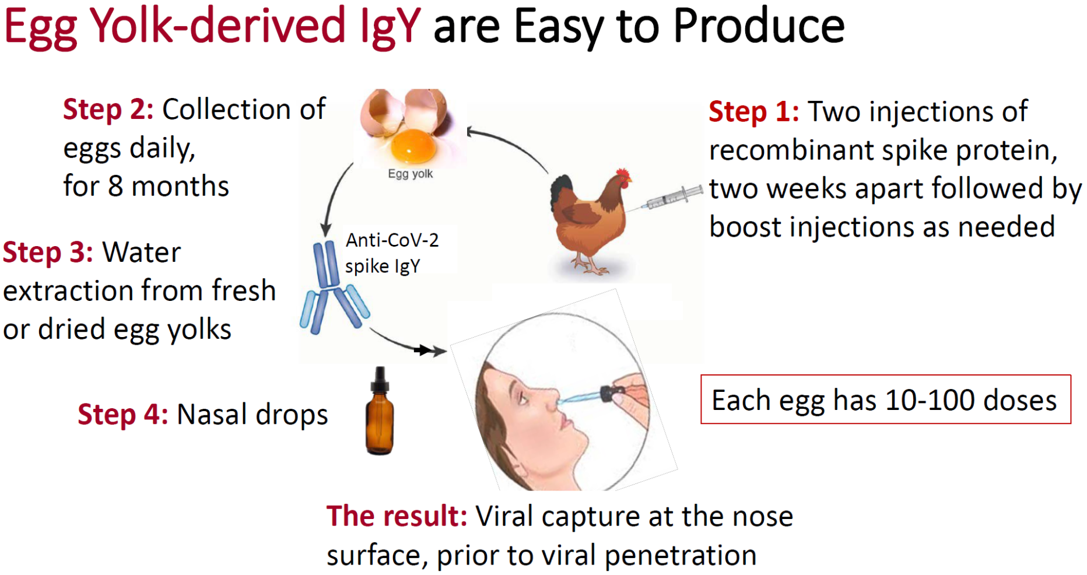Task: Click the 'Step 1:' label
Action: (x=753, y=111)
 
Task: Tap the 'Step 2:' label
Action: (x=108, y=109)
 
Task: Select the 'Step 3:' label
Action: (x=48, y=253)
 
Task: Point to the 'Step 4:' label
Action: (x=123, y=415)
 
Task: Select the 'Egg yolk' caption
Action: (x=411, y=174)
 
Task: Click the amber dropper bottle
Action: (x=380, y=411)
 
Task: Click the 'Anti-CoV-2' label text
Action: (x=392, y=240)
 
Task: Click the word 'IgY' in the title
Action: (x=390, y=27)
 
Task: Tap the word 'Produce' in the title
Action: (x=759, y=26)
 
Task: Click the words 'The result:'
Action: (x=397, y=516)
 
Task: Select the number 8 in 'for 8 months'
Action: (x=115, y=187)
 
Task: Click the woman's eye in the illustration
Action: (x=523, y=399)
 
